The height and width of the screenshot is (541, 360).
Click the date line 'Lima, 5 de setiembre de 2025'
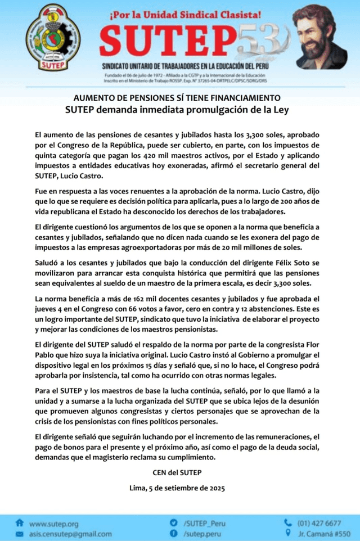pos(180,488)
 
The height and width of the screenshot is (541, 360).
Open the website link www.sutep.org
pos(53,523)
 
